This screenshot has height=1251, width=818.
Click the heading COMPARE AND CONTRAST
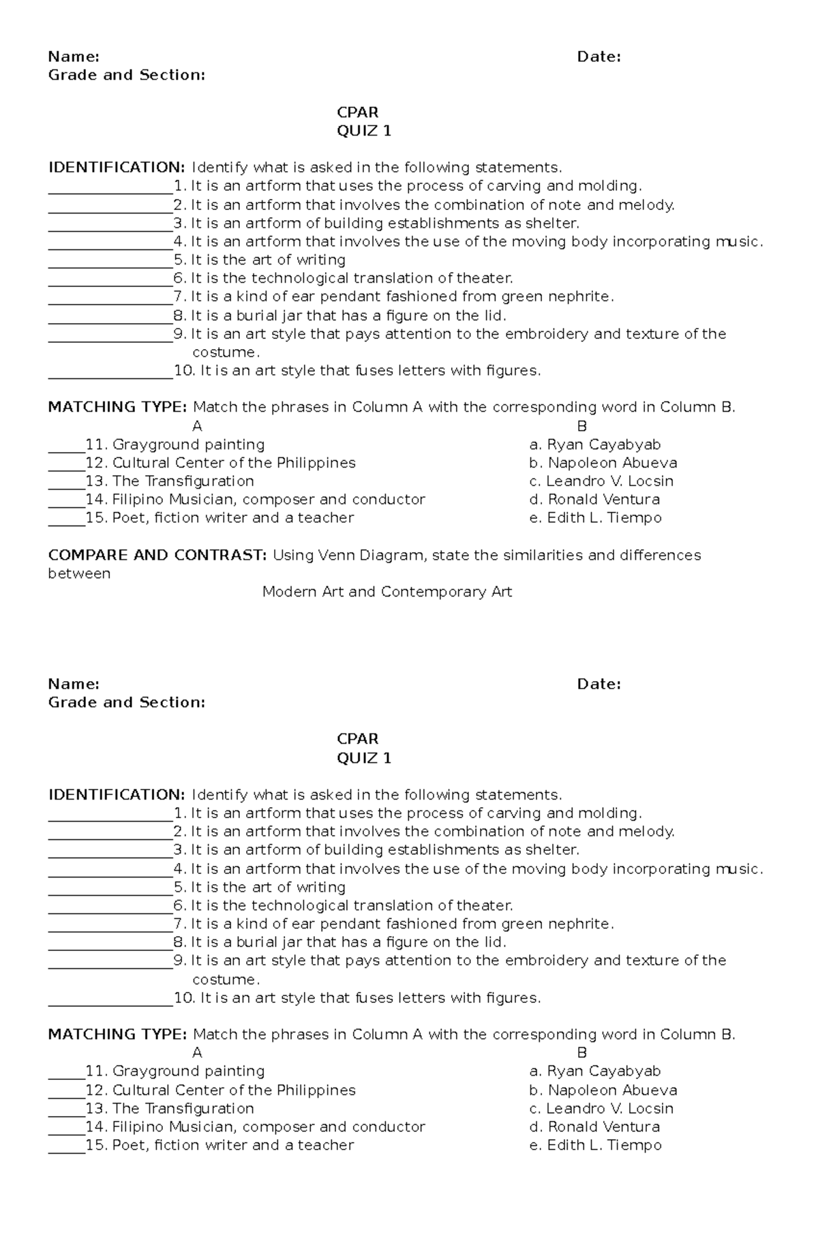157,555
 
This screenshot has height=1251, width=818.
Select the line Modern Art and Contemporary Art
387,592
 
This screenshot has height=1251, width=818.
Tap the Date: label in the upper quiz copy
599,57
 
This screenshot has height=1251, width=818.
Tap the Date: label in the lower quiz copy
599,684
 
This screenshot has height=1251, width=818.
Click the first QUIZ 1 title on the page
364,131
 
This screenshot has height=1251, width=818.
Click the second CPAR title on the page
357,739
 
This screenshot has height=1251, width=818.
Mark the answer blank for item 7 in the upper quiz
110,297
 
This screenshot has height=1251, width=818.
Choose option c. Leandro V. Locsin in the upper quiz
601,481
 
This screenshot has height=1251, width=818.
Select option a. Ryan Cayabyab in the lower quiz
595,1071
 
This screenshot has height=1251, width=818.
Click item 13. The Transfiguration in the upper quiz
170,481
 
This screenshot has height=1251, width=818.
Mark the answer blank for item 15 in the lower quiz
66,1145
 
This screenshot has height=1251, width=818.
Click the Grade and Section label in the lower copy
126,702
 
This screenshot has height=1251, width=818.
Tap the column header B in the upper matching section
581,426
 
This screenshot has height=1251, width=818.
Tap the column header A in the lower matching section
198,1053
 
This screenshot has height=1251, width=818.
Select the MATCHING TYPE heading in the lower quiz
117,1034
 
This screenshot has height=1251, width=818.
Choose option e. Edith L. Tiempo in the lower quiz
595,1145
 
